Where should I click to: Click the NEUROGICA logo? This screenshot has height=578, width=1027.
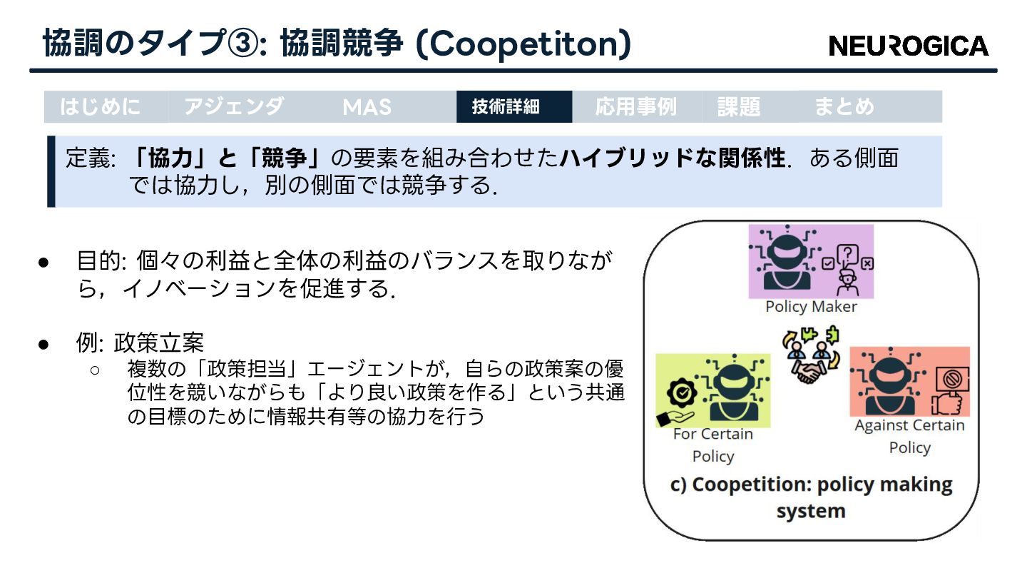(x=909, y=46)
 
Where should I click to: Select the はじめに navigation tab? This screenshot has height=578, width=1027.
(x=101, y=107)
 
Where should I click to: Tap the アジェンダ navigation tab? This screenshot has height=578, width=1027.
(x=234, y=107)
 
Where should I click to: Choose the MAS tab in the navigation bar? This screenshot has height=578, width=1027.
(x=367, y=107)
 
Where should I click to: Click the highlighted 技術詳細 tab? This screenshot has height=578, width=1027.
(x=506, y=107)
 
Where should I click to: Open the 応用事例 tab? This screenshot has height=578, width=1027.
(x=635, y=107)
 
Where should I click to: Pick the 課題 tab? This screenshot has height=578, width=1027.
(x=739, y=107)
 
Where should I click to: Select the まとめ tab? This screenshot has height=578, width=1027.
(x=844, y=107)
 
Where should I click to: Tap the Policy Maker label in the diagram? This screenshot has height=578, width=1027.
(x=811, y=307)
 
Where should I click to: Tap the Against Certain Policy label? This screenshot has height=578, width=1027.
(x=909, y=436)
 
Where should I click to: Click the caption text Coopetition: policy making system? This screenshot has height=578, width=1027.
(x=812, y=497)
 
